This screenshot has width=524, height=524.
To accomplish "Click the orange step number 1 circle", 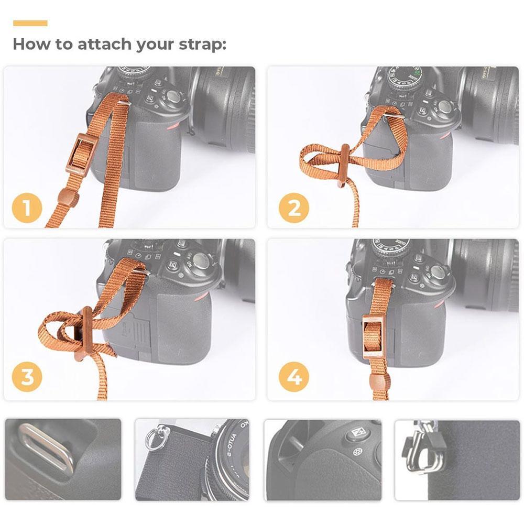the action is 27,208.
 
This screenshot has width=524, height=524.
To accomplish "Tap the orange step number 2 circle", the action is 294,208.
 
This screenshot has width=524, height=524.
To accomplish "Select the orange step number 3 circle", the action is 27,377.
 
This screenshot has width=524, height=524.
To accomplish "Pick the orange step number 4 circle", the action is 294,377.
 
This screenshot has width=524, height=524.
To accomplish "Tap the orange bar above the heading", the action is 30,23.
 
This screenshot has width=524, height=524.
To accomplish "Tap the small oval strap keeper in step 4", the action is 379,381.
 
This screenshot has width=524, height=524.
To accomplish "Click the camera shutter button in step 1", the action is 173,96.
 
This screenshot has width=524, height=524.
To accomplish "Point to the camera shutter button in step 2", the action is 445,107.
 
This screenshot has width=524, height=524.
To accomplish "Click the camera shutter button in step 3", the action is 201,260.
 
